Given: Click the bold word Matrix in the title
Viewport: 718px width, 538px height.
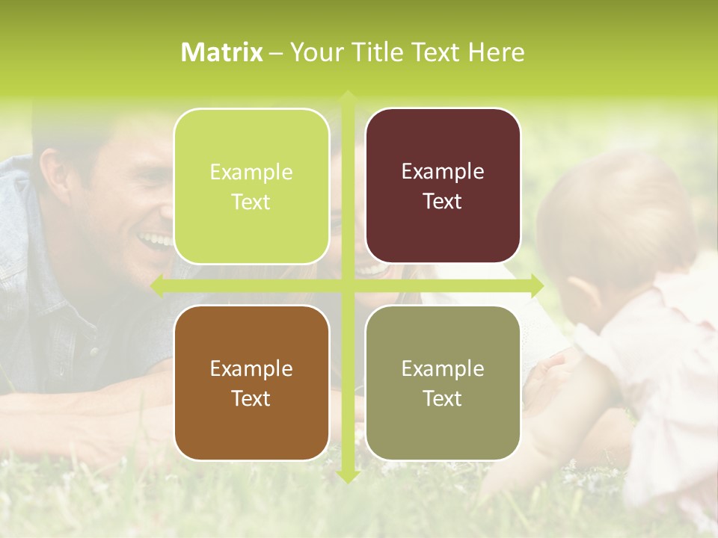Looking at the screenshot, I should (221, 52).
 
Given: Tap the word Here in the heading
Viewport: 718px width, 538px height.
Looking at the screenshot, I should (497, 52).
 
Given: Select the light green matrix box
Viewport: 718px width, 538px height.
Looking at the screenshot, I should (251, 186).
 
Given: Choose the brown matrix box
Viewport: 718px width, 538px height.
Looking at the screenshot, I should (251, 383).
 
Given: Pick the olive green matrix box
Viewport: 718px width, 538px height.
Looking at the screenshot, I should (443, 383).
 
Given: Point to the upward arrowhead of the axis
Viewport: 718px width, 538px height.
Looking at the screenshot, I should (347, 97).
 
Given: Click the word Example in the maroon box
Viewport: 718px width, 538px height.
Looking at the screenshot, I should (443, 171).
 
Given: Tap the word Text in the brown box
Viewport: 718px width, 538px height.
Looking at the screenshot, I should (251, 398).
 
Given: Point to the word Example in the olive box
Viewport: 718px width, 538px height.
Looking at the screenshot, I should (443, 368).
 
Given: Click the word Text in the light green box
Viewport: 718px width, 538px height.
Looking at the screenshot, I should (251, 202).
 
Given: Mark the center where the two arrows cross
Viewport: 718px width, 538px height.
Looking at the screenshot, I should (347, 285).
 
